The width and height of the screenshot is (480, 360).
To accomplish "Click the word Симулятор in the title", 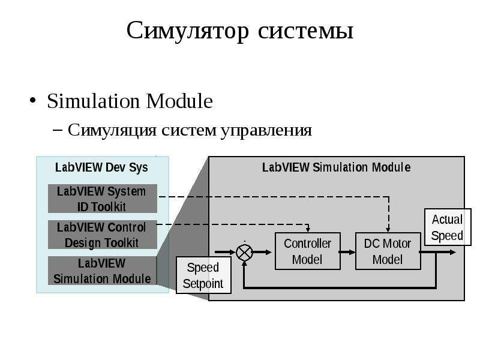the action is point(188,31).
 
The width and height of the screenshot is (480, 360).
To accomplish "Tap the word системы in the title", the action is point(305,31).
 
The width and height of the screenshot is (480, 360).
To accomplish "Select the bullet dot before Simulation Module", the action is point(33,100).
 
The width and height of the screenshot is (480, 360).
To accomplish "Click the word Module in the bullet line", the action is point(179,101).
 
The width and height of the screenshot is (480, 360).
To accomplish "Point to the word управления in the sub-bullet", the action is point(266,131).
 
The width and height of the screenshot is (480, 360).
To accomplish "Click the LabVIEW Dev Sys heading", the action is point(101,168).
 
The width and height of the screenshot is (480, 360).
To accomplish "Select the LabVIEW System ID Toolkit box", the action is point(103,199).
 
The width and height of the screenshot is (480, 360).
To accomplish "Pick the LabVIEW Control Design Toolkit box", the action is point(103,235).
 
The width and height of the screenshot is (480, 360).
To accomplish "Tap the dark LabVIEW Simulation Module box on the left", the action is point(103,271).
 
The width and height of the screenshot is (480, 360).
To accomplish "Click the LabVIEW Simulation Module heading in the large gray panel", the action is point(337,167).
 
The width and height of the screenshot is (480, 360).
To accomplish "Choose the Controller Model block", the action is point(308,251).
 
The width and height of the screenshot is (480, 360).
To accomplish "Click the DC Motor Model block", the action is point(388,251).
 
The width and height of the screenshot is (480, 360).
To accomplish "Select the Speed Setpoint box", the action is point(203,275).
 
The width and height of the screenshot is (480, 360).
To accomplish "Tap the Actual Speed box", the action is point(448,227).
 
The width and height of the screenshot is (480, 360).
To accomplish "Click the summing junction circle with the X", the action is point(244,253).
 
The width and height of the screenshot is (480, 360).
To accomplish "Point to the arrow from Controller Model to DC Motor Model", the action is point(348,252).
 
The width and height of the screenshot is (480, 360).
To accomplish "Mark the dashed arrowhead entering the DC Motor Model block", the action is point(388,230).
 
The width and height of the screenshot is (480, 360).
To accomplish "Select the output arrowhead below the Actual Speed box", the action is point(453,252).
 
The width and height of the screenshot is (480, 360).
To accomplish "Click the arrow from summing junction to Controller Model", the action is point(262,252).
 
